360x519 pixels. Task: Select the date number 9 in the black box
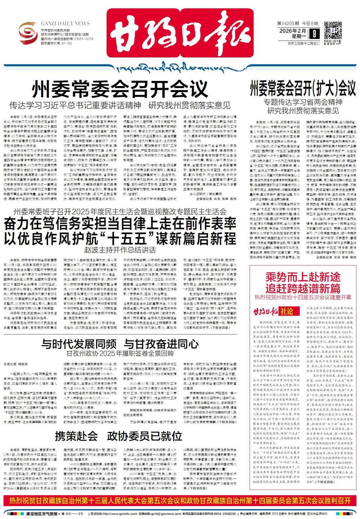pyautogui.click(x=315, y=34)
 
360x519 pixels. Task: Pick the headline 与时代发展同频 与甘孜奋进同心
pyautogui.click(x=120, y=343)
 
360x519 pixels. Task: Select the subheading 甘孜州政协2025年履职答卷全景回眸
pyautogui.click(x=120, y=353)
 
